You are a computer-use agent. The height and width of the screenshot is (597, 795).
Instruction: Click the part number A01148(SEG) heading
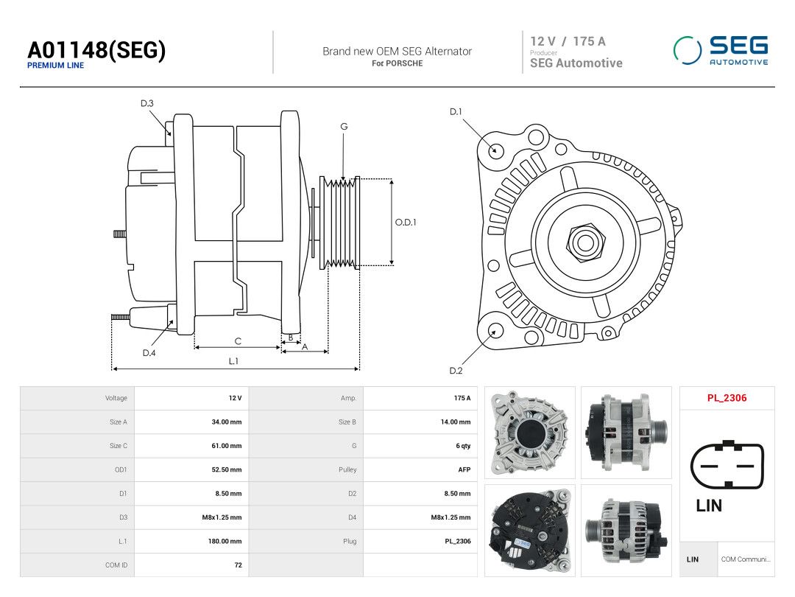[96, 50]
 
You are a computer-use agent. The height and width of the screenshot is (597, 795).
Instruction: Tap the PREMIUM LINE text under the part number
[55, 66]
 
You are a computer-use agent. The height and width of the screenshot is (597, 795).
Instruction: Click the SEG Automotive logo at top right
[721, 50]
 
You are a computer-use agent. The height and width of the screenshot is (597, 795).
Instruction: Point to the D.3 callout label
[147, 103]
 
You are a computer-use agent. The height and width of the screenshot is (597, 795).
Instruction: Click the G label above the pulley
[344, 127]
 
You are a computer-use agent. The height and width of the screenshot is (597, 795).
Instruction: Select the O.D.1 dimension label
[406, 223]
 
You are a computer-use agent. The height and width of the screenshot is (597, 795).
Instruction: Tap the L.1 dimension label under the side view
[233, 361]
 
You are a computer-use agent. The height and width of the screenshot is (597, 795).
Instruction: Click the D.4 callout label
[149, 353]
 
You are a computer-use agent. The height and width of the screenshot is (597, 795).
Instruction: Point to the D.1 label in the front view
[456, 112]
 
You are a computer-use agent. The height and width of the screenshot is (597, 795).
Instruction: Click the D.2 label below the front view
[456, 371]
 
